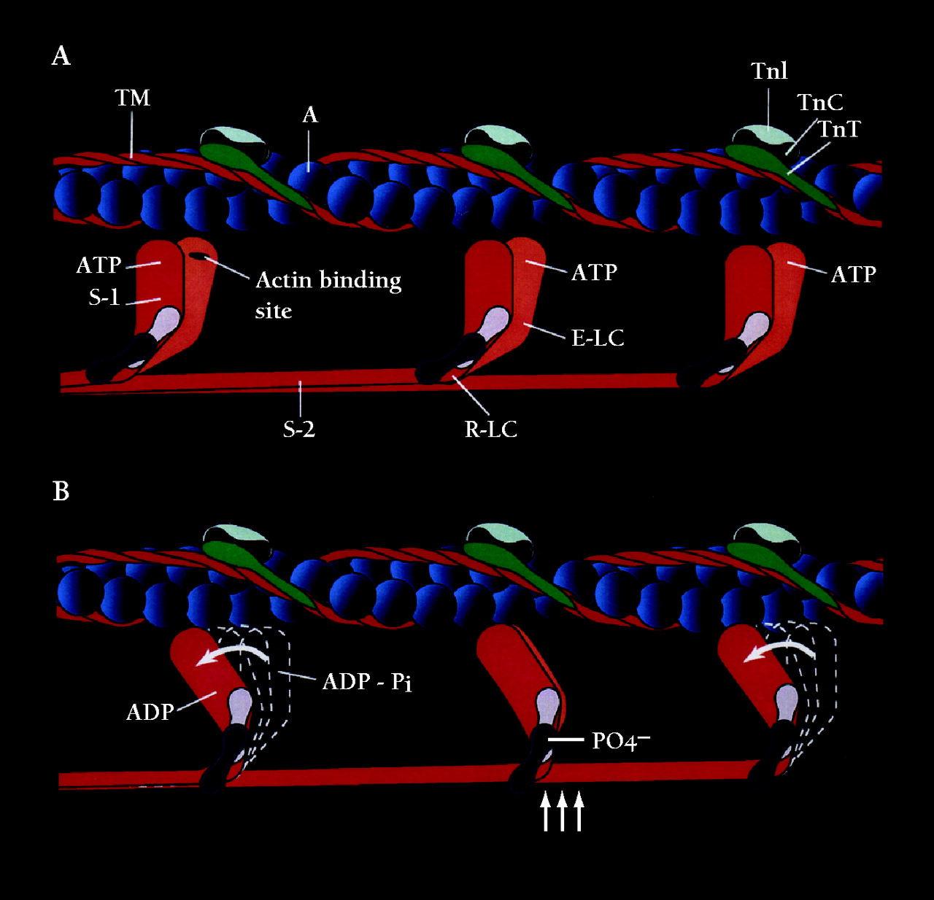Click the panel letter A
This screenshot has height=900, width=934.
click(x=61, y=56)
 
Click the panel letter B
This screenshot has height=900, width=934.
click(x=61, y=492)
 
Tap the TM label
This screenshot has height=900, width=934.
click(x=132, y=98)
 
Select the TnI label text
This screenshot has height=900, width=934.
click(x=769, y=71)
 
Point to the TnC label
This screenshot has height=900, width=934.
click(x=819, y=103)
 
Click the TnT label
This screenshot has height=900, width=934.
click(x=839, y=129)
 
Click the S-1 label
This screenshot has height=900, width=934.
click(x=104, y=297)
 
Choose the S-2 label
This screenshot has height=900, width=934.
click(x=299, y=429)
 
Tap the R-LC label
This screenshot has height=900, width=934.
click(x=490, y=429)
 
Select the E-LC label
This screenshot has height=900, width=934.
click(x=598, y=338)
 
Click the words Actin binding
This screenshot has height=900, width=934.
click(x=328, y=281)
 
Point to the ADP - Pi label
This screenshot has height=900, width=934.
click(x=367, y=682)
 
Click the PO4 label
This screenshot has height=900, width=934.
click(x=620, y=741)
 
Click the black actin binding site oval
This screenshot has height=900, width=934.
click(x=198, y=256)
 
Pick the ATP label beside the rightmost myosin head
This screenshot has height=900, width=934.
click(x=853, y=274)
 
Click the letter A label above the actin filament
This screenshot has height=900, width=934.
click(x=310, y=115)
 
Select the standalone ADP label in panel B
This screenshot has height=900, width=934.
click(x=150, y=712)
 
